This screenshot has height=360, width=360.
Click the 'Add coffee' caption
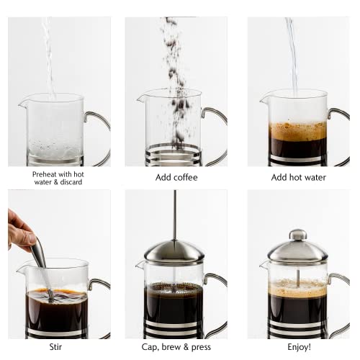pyautogui.click(x=176, y=177)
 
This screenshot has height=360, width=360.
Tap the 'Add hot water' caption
pyautogui.click(x=297, y=177)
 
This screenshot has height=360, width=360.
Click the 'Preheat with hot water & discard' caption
pyautogui.click(x=58, y=177)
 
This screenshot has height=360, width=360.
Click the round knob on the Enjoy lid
pyautogui.click(x=297, y=235)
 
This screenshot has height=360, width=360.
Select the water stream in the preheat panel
pyautogui.click(x=49, y=58)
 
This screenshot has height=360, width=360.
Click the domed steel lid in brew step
pyautogui.click(x=173, y=251)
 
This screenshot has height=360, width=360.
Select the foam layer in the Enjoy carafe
pyautogui.click(x=297, y=287)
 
